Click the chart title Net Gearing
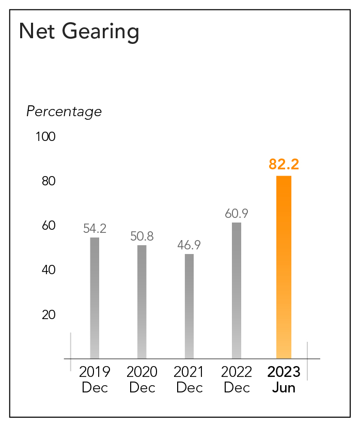79,32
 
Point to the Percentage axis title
64,112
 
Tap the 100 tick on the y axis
45,137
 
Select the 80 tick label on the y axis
49,182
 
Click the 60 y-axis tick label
49,226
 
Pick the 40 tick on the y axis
49,270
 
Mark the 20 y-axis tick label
49,315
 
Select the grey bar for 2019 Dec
95,297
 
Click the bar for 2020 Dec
142,302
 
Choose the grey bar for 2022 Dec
237,290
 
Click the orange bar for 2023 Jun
284,267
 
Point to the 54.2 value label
95,229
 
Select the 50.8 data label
142,236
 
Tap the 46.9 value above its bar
189,245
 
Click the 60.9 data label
237,214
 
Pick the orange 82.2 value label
284,165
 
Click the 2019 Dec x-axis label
95,379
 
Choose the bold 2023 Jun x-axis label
284,379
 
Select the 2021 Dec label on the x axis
189,379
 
